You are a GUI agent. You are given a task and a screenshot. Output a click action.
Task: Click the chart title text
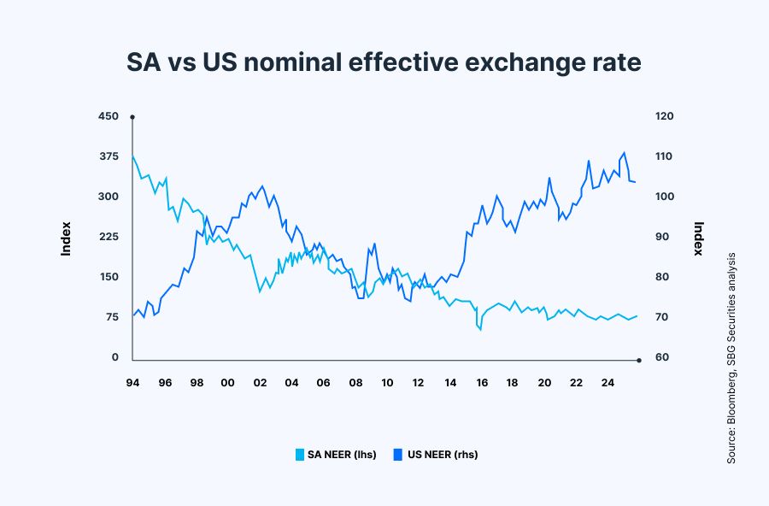point(384,62)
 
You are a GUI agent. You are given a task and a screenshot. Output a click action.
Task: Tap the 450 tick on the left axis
point(108,116)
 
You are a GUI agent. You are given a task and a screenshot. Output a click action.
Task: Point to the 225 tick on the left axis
point(108,237)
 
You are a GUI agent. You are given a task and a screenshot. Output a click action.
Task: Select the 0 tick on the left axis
point(115,357)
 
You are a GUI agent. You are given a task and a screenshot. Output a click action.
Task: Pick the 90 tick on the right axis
point(662,237)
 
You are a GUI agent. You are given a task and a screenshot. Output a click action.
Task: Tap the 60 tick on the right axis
point(662,357)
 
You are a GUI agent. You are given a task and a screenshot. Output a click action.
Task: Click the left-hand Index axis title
point(66,238)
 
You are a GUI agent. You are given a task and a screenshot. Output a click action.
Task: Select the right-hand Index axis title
point(699,238)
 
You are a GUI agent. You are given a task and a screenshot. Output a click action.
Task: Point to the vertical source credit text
point(732,358)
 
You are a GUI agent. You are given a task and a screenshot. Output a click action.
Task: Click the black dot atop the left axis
point(132,116)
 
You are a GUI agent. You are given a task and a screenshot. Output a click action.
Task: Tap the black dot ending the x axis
point(638,360)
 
